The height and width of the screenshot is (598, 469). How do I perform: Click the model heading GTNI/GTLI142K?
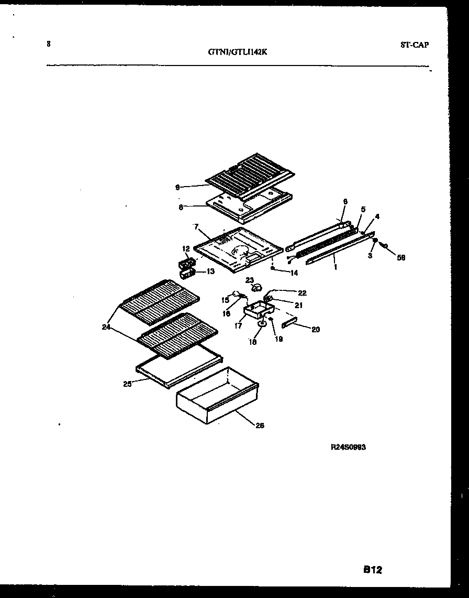[234, 51]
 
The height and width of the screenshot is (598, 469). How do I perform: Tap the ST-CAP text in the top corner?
[415, 45]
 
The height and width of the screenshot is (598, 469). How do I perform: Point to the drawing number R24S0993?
[348, 447]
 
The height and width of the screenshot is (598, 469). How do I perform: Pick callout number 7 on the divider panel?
[196, 226]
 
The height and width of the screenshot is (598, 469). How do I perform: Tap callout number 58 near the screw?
[400, 257]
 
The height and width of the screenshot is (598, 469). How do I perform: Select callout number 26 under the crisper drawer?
[260, 426]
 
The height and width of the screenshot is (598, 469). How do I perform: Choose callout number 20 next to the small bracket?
[315, 330]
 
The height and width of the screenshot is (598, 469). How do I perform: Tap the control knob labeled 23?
[257, 287]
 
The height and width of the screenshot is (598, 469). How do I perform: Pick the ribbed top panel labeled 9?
[251, 173]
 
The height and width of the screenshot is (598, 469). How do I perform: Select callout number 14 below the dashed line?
[294, 273]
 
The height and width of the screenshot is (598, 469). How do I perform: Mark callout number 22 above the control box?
[301, 293]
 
